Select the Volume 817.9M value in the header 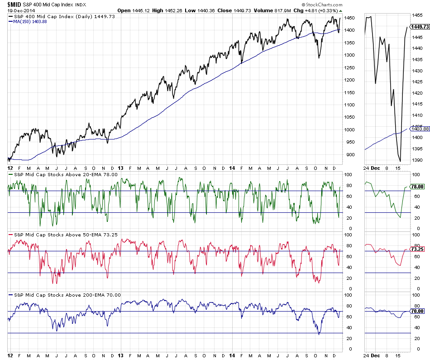coord(266,10)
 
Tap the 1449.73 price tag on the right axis coord(419,27)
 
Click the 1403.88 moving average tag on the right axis coord(419,129)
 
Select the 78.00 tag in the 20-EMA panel coord(417,186)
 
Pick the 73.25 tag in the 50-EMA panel coord(417,249)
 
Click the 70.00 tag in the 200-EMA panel coord(417,311)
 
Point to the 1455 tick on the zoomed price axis coord(417,15)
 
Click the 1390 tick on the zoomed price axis coord(417,160)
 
